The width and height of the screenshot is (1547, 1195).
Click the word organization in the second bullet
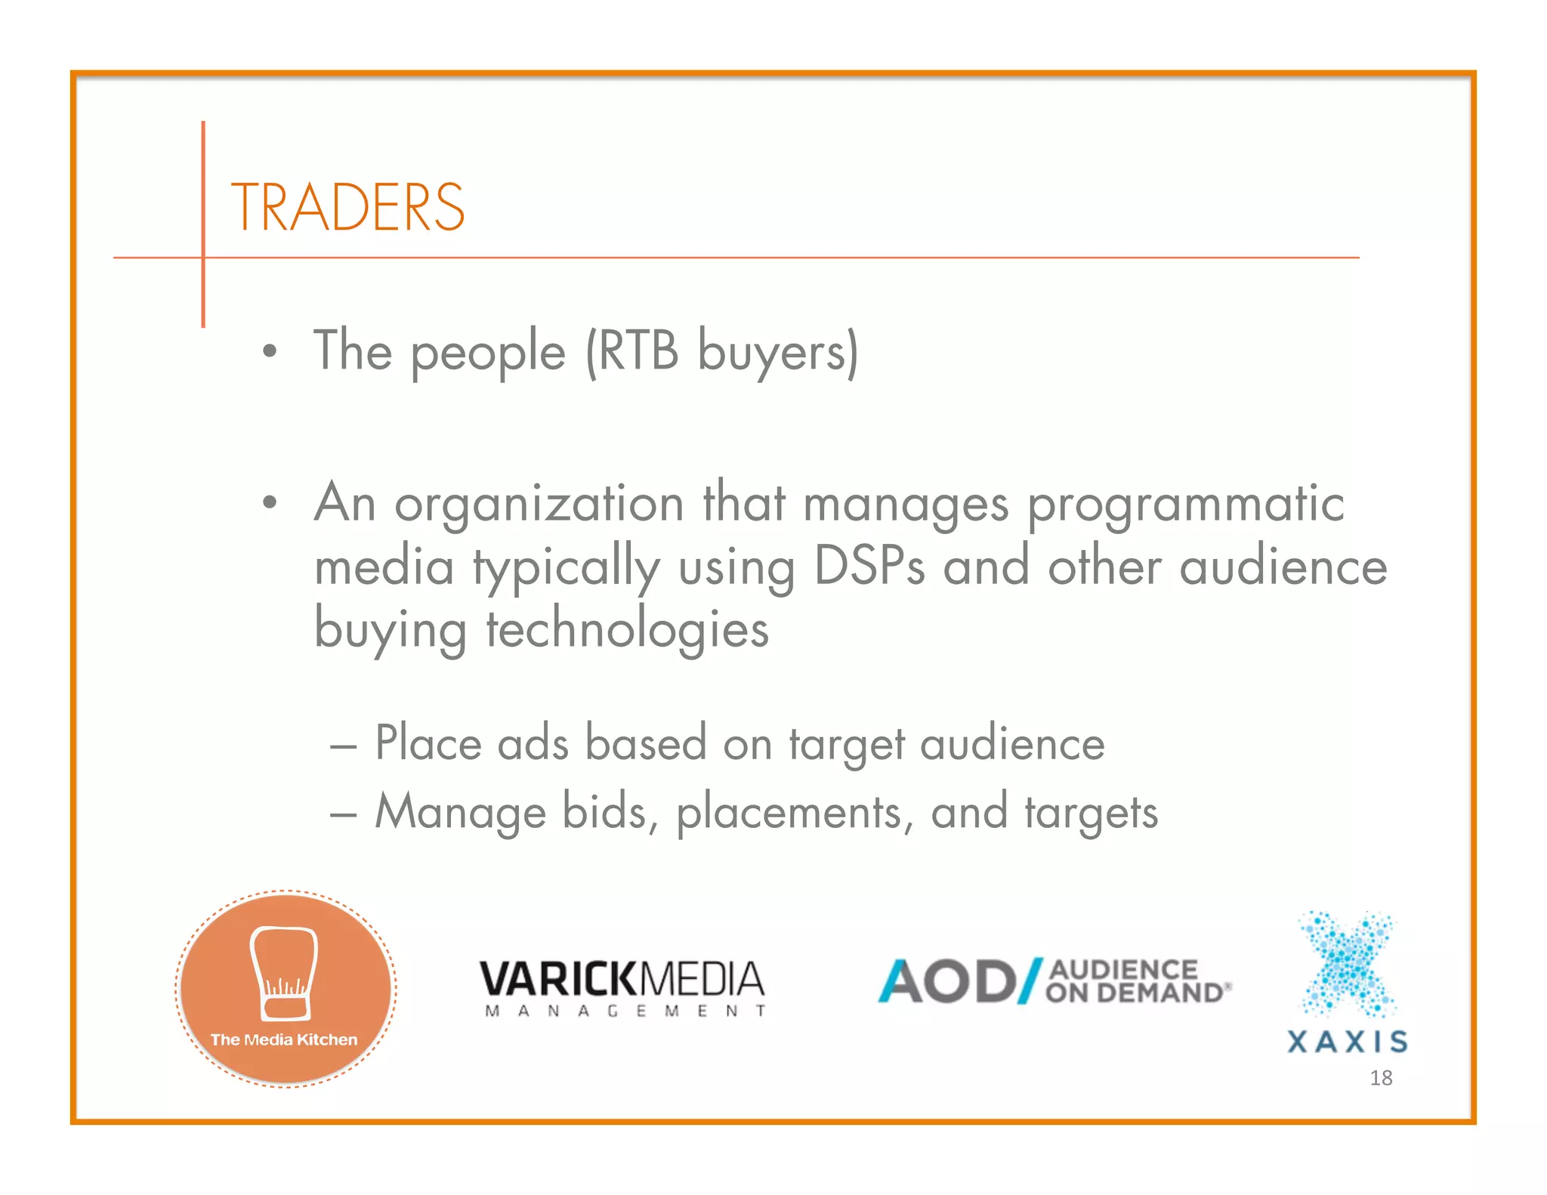(x=539, y=504)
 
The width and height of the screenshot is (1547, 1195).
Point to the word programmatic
(x=1186, y=505)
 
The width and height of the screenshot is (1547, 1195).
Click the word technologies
(x=627, y=629)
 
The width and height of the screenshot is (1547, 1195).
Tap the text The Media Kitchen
(x=284, y=1039)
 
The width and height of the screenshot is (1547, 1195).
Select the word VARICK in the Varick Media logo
(x=559, y=980)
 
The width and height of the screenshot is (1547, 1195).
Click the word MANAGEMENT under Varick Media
(x=625, y=1011)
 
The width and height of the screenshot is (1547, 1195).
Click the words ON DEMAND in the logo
(x=1133, y=993)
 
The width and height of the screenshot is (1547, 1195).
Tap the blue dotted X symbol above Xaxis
(x=1348, y=963)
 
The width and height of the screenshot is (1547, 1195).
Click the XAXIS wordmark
(x=1348, y=1042)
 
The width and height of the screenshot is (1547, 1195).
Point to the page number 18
(x=1381, y=1078)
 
